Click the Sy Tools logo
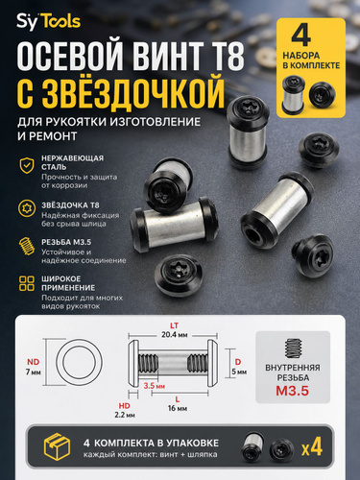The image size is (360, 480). [x=49, y=22]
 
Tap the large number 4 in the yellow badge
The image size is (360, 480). [x=301, y=35]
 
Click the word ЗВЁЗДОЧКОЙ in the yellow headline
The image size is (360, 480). [x=133, y=91]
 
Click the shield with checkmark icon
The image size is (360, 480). [x=27, y=165]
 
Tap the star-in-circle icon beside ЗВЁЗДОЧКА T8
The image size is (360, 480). [x=27, y=208]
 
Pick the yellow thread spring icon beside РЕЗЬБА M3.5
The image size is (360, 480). [x=27, y=246]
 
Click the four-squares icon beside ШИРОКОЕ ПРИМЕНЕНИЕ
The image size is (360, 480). [x=27, y=283]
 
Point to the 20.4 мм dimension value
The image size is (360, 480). [x=175, y=335]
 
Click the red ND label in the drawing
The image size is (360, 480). [x=33, y=362]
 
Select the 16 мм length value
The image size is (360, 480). [x=178, y=408]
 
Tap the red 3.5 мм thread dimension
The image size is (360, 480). [x=155, y=386]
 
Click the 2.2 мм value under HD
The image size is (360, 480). [x=125, y=415]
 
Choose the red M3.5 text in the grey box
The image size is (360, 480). [x=293, y=391]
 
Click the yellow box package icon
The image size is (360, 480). [x=57, y=446]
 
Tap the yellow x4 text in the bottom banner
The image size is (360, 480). [x=312, y=447]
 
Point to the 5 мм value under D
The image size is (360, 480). [x=239, y=372]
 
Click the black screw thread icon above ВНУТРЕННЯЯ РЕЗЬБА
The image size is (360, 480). [x=293, y=348]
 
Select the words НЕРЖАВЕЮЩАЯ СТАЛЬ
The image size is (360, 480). [x=72, y=162]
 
